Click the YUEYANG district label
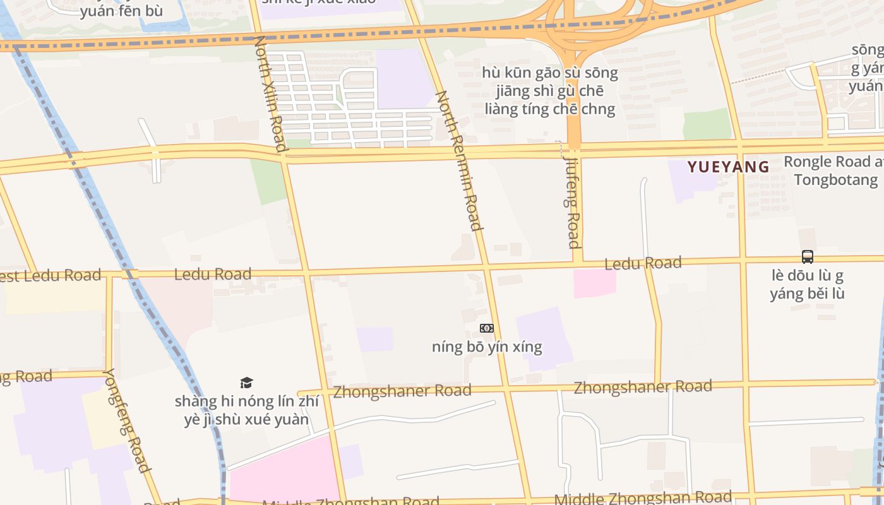(728, 167)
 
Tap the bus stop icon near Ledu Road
(807, 257)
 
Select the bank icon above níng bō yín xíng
(486, 328)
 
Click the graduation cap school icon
(246, 383)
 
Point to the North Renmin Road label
(460, 160)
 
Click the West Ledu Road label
(51, 276)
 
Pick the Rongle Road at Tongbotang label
(833, 170)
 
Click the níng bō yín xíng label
(487, 347)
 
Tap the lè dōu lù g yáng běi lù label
(807, 285)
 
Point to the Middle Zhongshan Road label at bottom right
(643, 498)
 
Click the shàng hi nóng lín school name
(246, 410)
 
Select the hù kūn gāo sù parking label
(549, 91)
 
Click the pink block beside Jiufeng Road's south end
(594, 283)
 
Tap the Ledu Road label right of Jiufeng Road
(643, 263)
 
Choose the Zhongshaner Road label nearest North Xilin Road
(402, 391)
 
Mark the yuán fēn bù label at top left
(121, 11)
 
